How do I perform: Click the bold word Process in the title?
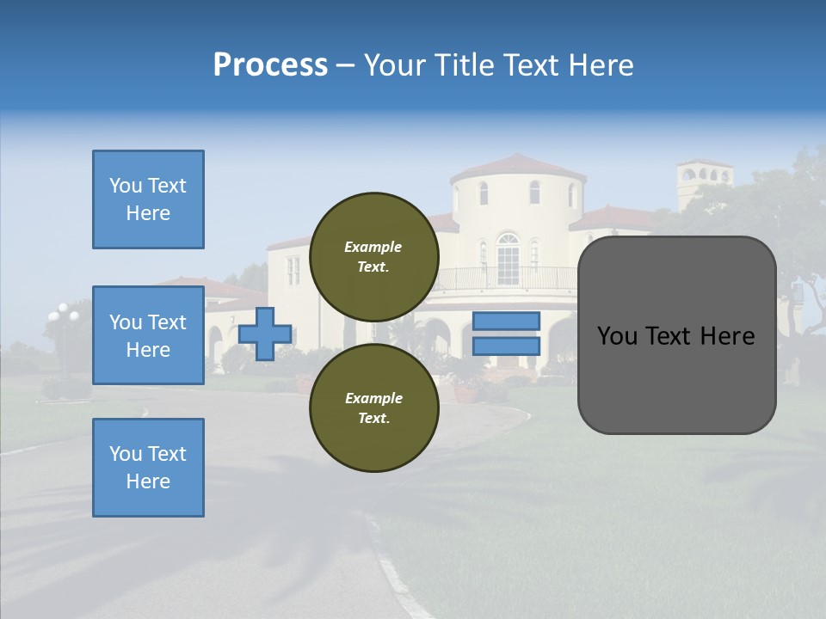pyautogui.click(x=270, y=65)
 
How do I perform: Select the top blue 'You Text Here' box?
pyautogui.click(x=148, y=199)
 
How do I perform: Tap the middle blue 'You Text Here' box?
pyautogui.click(x=148, y=335)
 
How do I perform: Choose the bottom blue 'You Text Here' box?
pyautogui.click(x=148, y=468)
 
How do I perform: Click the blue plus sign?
pyautogui.click(x=265, y=334)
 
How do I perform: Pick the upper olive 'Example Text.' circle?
pyautogui.click(x=373, y=257)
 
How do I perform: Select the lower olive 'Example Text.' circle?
pyautogui.click(x=373, y=408)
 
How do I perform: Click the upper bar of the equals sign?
pyautogui.click(x=506, y=322)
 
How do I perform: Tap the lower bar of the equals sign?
pyautogui.click(x=506, y=346)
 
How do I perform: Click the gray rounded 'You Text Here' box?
pyautogui.click(x=676, y=335)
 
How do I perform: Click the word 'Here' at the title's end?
pyautogui.click(x=601, y=65)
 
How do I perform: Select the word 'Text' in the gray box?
pyautogui.click(x=675, y=335)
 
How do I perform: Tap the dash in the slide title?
pyautogui.click(x=345, y=65)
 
